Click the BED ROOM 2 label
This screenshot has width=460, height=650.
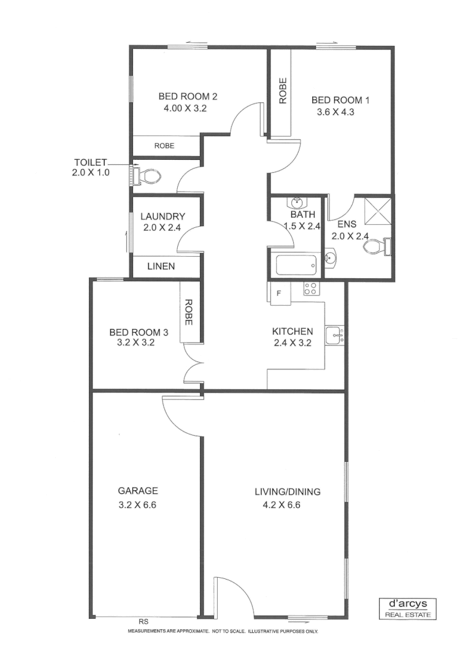tap(188, 96)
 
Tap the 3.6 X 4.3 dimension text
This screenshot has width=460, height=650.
tap(336, 112)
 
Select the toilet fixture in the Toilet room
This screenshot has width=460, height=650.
tap(147, 177)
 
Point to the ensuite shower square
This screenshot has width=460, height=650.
tap(376, 211)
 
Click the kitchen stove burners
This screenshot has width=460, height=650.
tap(310, 288)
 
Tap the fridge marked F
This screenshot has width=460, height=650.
tap(279, 293)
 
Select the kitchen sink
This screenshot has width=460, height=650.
tap(334, 335)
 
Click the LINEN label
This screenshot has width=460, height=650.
tap(161, 266)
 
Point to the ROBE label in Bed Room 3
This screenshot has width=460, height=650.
tap(189, 312)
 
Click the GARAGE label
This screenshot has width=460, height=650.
tap(138, 491)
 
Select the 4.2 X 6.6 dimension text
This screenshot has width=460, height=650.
tap(280, 505)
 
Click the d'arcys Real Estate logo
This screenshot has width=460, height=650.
tap(407, 607)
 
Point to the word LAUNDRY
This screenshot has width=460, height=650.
tap(163, 216)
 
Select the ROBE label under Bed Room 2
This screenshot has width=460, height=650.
tap(164, 146)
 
